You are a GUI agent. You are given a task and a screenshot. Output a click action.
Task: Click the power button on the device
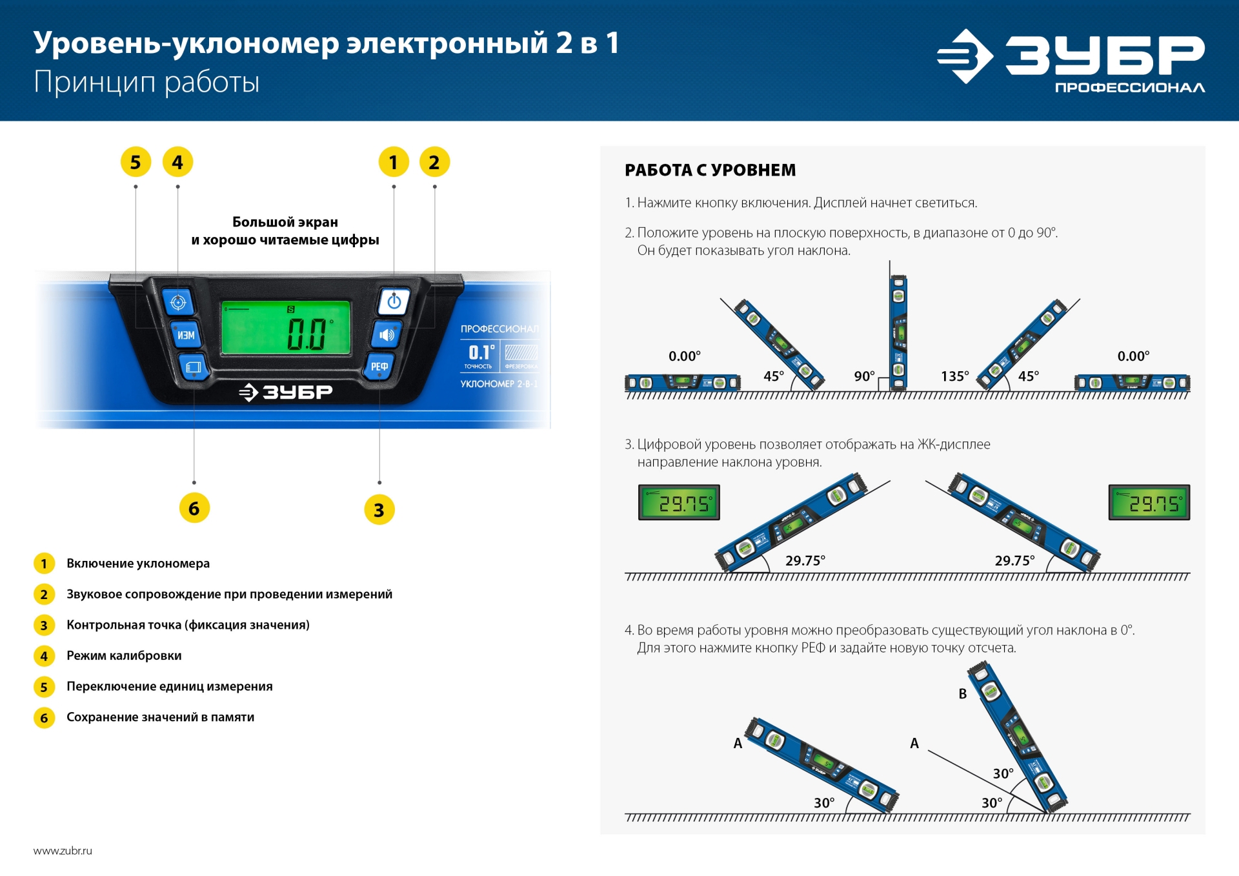394,301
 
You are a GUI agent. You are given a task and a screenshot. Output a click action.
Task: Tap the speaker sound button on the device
387,334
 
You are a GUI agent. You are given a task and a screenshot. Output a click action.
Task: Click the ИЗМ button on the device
186,335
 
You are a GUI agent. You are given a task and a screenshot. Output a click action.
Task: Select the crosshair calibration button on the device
178,302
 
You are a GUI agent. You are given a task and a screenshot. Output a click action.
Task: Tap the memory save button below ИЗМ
193,367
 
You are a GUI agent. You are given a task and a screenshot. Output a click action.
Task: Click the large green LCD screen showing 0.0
286,327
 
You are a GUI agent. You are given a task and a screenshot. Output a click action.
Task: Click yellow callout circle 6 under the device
194,509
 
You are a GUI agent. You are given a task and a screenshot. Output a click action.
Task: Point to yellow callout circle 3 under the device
379,510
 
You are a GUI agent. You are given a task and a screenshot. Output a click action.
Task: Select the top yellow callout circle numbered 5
136,162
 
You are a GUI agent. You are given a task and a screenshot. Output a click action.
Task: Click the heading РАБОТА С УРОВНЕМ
710,170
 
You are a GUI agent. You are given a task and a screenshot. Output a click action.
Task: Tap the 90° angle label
864,376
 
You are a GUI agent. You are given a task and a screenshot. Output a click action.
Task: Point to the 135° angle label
954,376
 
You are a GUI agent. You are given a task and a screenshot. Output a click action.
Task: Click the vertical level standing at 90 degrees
898,332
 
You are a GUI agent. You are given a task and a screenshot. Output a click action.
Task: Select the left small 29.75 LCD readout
679,502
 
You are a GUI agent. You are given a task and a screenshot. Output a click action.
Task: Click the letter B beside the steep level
962,694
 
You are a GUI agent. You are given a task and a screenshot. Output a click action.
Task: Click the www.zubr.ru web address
63,851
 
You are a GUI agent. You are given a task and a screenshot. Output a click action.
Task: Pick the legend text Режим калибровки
124,656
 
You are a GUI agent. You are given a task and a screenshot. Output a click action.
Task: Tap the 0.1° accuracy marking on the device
481,352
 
